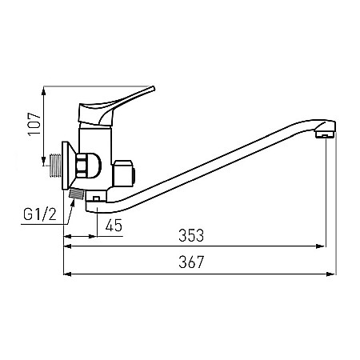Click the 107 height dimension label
[34, 124]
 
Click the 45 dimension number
[114, 225]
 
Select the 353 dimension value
[191, 235]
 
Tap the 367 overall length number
[191, 262]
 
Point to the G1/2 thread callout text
[40, 214]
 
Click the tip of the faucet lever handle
[153, 87]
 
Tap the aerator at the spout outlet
[325, 134]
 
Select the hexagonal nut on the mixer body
[81, 166]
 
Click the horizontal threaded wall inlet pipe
[56, 166]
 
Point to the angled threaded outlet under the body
[77, 194]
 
